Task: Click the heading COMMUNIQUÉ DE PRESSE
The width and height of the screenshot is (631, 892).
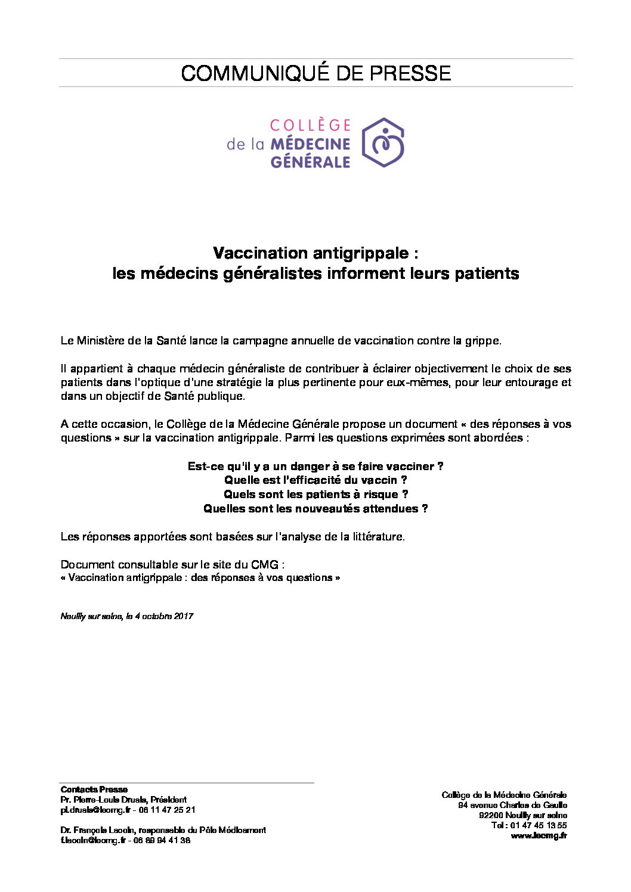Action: pyautogui.click(x=315, y=73)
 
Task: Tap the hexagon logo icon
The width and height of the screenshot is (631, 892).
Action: pyautogui.click(x=383, y=142)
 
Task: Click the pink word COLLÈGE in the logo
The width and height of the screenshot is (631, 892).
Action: pyautogui.click(x=310, y=125)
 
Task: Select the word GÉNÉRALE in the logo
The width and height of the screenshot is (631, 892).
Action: pyautogui.click(x=310, y=161)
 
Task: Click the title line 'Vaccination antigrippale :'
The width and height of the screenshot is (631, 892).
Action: pyautogui.click(x=315, y=253)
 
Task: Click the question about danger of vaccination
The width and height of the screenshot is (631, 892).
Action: pyautogui.click(x=315, y=467)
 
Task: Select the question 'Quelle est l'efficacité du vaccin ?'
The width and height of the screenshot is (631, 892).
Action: pyautogui.click(x=315, y=480)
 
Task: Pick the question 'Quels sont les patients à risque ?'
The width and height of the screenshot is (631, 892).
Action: pyautogui.click(x=315, y=495)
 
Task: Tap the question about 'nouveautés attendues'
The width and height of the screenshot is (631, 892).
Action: pyautogui.click(x=315, y=509)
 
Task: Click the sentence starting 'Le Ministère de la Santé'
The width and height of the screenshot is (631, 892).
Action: pyautogui.click(x=281, y=341)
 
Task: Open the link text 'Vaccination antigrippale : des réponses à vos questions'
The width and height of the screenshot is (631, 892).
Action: pyautogui.click(x=200, y=578)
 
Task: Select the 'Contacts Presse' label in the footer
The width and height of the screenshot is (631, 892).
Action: pyautogui.click(x=94, y=790)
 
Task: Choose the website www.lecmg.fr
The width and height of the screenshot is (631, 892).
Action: pyautogui.click(x=539, y=836)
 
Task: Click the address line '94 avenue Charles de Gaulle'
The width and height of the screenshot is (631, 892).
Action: pyautogui.click(x=512, y=806)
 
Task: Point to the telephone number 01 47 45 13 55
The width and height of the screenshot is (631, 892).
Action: pyautogui.click(x=539, y=826)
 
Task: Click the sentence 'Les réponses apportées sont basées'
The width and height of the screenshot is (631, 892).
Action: pyautogui.click(x=233, y=537)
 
